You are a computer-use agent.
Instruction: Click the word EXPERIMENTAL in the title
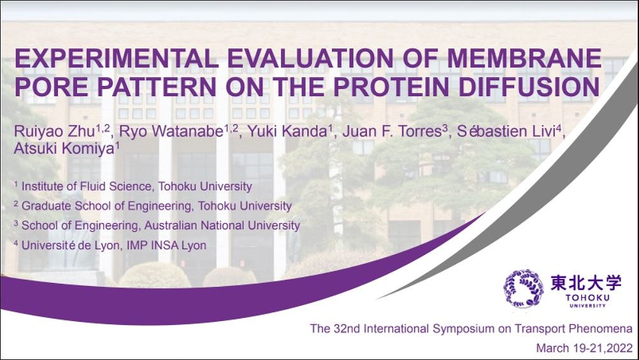[117, 59]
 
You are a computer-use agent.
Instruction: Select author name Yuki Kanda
[287, 132]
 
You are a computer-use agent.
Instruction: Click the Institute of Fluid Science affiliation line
[133, 186]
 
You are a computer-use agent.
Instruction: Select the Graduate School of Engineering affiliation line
[153, 206]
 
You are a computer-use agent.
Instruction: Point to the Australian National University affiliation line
[157, 226]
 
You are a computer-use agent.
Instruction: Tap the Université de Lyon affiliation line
[110, 245]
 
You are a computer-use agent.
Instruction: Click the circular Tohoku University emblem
[524, 288]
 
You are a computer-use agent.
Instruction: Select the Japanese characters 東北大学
[586, 282]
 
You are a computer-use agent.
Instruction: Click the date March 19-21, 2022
[584, 348]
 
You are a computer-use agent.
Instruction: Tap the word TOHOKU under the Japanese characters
[587, 298]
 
